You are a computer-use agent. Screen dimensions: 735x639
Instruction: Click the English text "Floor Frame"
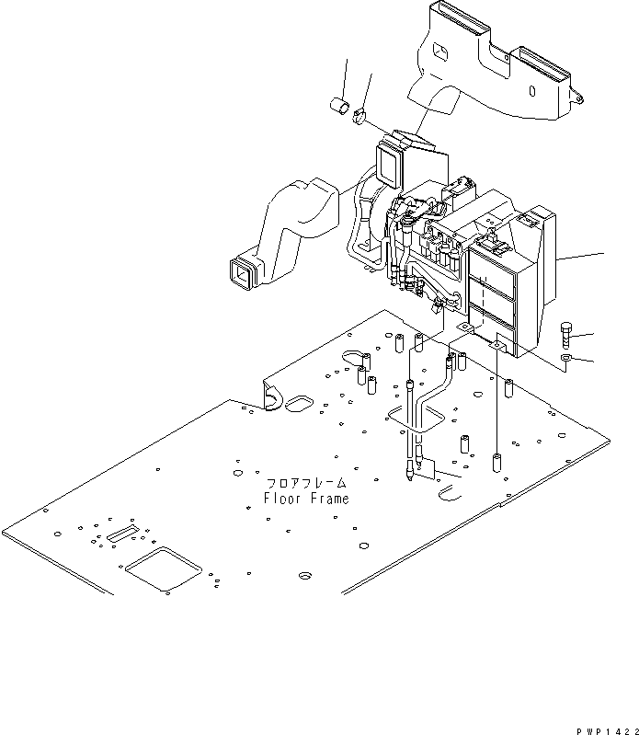305,500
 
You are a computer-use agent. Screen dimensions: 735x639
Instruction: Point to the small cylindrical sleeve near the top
338,108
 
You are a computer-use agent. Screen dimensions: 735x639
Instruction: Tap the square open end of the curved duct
244,270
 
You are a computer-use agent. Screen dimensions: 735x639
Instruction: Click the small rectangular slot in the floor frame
121,534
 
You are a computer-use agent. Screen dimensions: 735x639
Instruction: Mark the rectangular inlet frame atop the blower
390,165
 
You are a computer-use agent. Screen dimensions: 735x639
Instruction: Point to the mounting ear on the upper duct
577,93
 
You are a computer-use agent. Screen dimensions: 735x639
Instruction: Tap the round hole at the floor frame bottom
303,577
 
